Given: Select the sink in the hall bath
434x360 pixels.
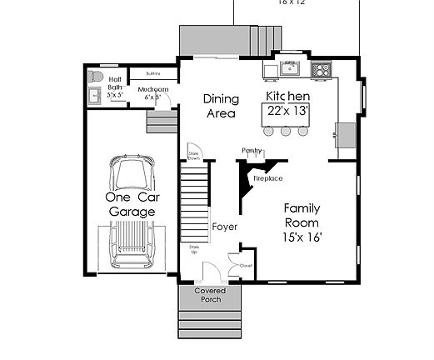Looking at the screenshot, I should (93, 96).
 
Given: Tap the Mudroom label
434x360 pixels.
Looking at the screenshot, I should (153, 89).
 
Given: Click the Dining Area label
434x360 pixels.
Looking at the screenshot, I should (222, 105).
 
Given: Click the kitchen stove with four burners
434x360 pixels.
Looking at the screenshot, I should (321, 69).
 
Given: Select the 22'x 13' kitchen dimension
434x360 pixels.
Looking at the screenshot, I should (287, 109).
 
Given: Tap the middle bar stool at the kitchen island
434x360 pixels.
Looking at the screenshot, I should (286, 130).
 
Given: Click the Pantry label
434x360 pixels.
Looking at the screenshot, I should (252, 150).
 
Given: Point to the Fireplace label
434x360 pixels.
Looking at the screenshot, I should (267, 178).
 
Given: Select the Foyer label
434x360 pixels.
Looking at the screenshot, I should (224, 227).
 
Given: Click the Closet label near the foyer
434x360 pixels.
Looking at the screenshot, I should (246, 266).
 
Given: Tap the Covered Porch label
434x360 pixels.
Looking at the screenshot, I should (210, 295).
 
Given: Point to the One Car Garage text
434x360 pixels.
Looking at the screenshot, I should (132, 205).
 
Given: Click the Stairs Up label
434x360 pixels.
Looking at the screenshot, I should (193, 250).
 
